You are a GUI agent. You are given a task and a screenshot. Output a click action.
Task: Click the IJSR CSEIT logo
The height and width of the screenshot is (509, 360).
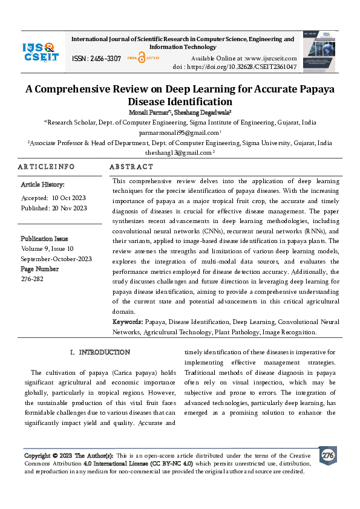point(41,52)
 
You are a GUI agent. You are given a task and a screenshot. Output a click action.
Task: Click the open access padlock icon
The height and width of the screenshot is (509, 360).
point(142,57)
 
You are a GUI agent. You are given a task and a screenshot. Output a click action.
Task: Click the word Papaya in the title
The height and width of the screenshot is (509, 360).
point(316,89)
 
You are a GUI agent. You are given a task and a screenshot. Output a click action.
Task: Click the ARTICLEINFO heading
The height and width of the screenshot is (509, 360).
point(46,166)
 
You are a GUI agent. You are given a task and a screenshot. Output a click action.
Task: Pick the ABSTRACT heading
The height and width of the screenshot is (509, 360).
point(131,166)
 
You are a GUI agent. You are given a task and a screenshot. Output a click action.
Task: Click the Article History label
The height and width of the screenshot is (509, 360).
point(42,184)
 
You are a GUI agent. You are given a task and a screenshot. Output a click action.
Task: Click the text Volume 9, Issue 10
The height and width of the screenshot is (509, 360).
point(47,248)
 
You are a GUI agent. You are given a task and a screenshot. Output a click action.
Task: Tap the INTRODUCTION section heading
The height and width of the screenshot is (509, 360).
point(104,352)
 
